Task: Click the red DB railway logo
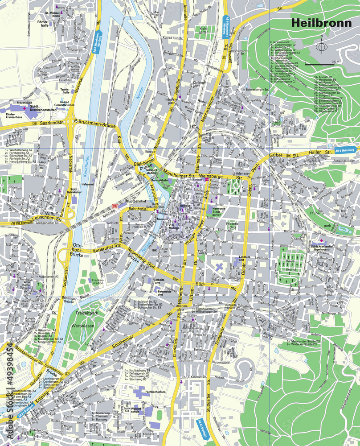coord(115,206)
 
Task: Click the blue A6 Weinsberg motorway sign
coord(344,150)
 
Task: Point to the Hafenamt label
coord(88,183)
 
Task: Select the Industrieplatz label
coord(171,100)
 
